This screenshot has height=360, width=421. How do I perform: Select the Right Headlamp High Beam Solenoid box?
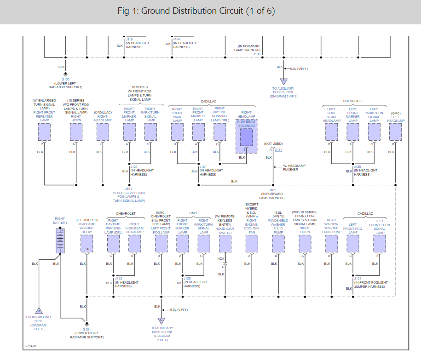(x=247, y=136)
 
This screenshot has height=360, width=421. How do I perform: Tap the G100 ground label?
(x=65, y=79)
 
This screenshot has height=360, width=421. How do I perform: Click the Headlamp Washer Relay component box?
(x=86, y=243)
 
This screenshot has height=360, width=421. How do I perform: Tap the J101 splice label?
(x=272, y=190)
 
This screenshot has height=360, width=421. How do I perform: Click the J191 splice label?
(x=128, y=189)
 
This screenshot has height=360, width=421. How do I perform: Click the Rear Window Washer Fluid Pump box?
(x=331, y=243)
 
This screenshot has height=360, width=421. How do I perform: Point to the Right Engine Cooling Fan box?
(x=251, y=243)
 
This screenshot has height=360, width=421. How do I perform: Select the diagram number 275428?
(x=31, y=346)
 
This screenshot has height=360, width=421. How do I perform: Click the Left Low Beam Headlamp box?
(x=331, y=132)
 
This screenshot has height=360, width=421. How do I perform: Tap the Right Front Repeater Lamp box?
(x=44, y=132)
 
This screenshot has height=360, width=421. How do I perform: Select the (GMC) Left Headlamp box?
(x=395, y=132)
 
